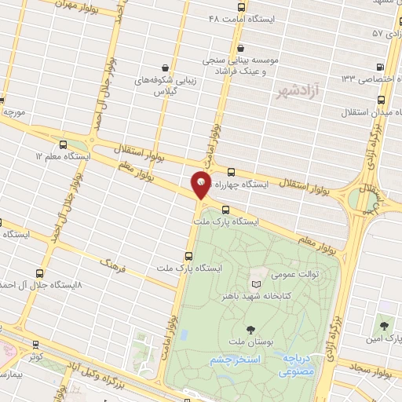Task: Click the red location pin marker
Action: [x=201, y=185]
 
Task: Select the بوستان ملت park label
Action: [x=250, y=343]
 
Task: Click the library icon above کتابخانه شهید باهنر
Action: [x=254, y=283]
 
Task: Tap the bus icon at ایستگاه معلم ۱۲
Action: [x=64, y=144]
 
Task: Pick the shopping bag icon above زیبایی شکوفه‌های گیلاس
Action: [x=164, y=68]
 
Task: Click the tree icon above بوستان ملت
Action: [x=250, y=330]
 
